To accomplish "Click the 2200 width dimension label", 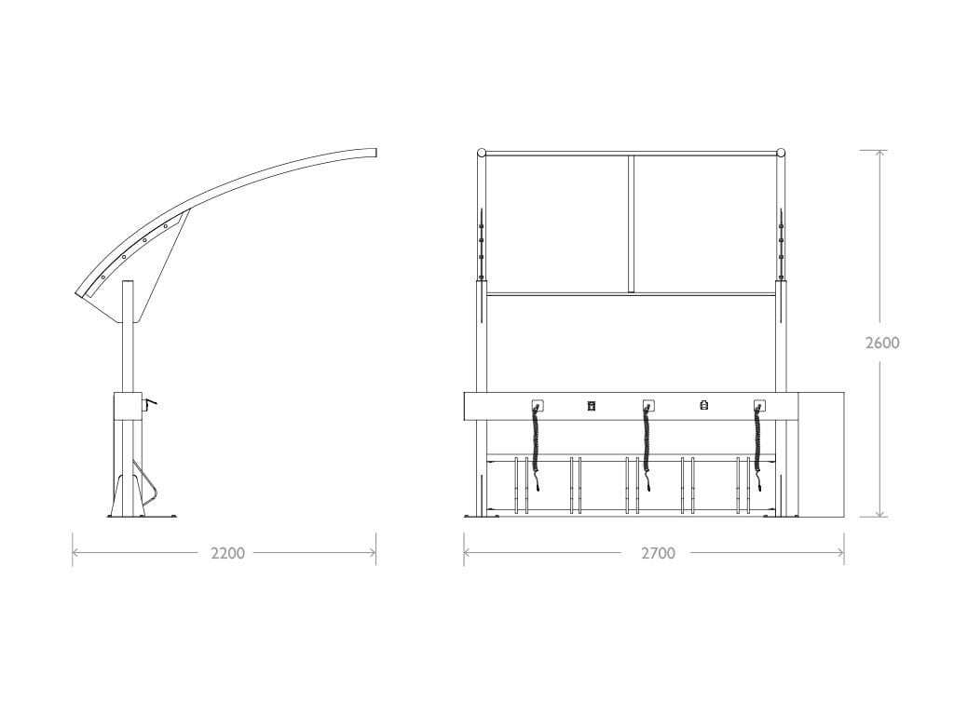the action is (x=227, y=553).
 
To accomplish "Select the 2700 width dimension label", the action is (x=659, y=553).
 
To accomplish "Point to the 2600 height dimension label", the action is (x=882, y=343).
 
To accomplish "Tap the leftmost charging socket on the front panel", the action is (x=538, y=406).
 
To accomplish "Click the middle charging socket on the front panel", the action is (x=648, y=406).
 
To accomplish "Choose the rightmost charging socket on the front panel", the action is (x=759, y=406).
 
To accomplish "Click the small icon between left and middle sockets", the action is (x=592, y=406).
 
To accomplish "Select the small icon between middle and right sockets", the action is (x=704, y=406).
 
